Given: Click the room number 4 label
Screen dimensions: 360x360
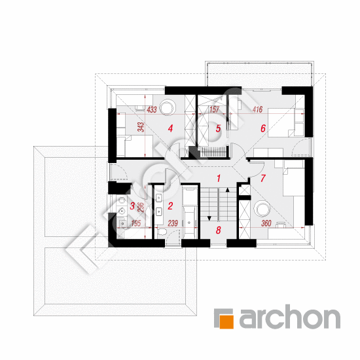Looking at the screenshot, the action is click(170, 128).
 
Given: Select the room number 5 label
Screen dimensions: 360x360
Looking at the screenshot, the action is click(218, 128).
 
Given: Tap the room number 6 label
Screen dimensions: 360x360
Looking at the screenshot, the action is click(263, 128).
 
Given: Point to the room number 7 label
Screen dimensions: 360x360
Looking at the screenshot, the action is click(263, 178).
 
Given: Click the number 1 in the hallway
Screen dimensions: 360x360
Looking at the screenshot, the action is click(219, 178).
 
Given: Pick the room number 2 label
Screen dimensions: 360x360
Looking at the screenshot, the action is click(170, 206).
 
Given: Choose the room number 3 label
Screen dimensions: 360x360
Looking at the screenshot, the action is click(132, 206).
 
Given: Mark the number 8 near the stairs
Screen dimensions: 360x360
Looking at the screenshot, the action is click(219, 230).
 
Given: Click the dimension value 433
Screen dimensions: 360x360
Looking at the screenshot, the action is click(152, 109).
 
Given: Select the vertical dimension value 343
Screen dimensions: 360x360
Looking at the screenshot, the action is click(141, 127).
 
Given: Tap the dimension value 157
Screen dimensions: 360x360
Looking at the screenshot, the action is click(214, 109).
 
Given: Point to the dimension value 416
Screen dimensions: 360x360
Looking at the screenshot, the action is click(257, 109).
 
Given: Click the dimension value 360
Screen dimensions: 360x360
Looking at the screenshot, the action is click(266, 223).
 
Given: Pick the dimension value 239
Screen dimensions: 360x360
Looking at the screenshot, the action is click(173, 223).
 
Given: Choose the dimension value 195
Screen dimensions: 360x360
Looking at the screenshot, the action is click(136, 223).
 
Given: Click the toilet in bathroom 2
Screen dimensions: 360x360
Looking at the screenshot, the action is click(162, 232).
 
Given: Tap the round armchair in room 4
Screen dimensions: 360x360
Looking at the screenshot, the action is click(168, 107).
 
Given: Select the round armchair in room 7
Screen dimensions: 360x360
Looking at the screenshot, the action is click(262, 208).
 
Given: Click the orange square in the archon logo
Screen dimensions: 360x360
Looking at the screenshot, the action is click(226, 321).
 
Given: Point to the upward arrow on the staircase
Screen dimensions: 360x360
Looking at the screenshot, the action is click(228, 190).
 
